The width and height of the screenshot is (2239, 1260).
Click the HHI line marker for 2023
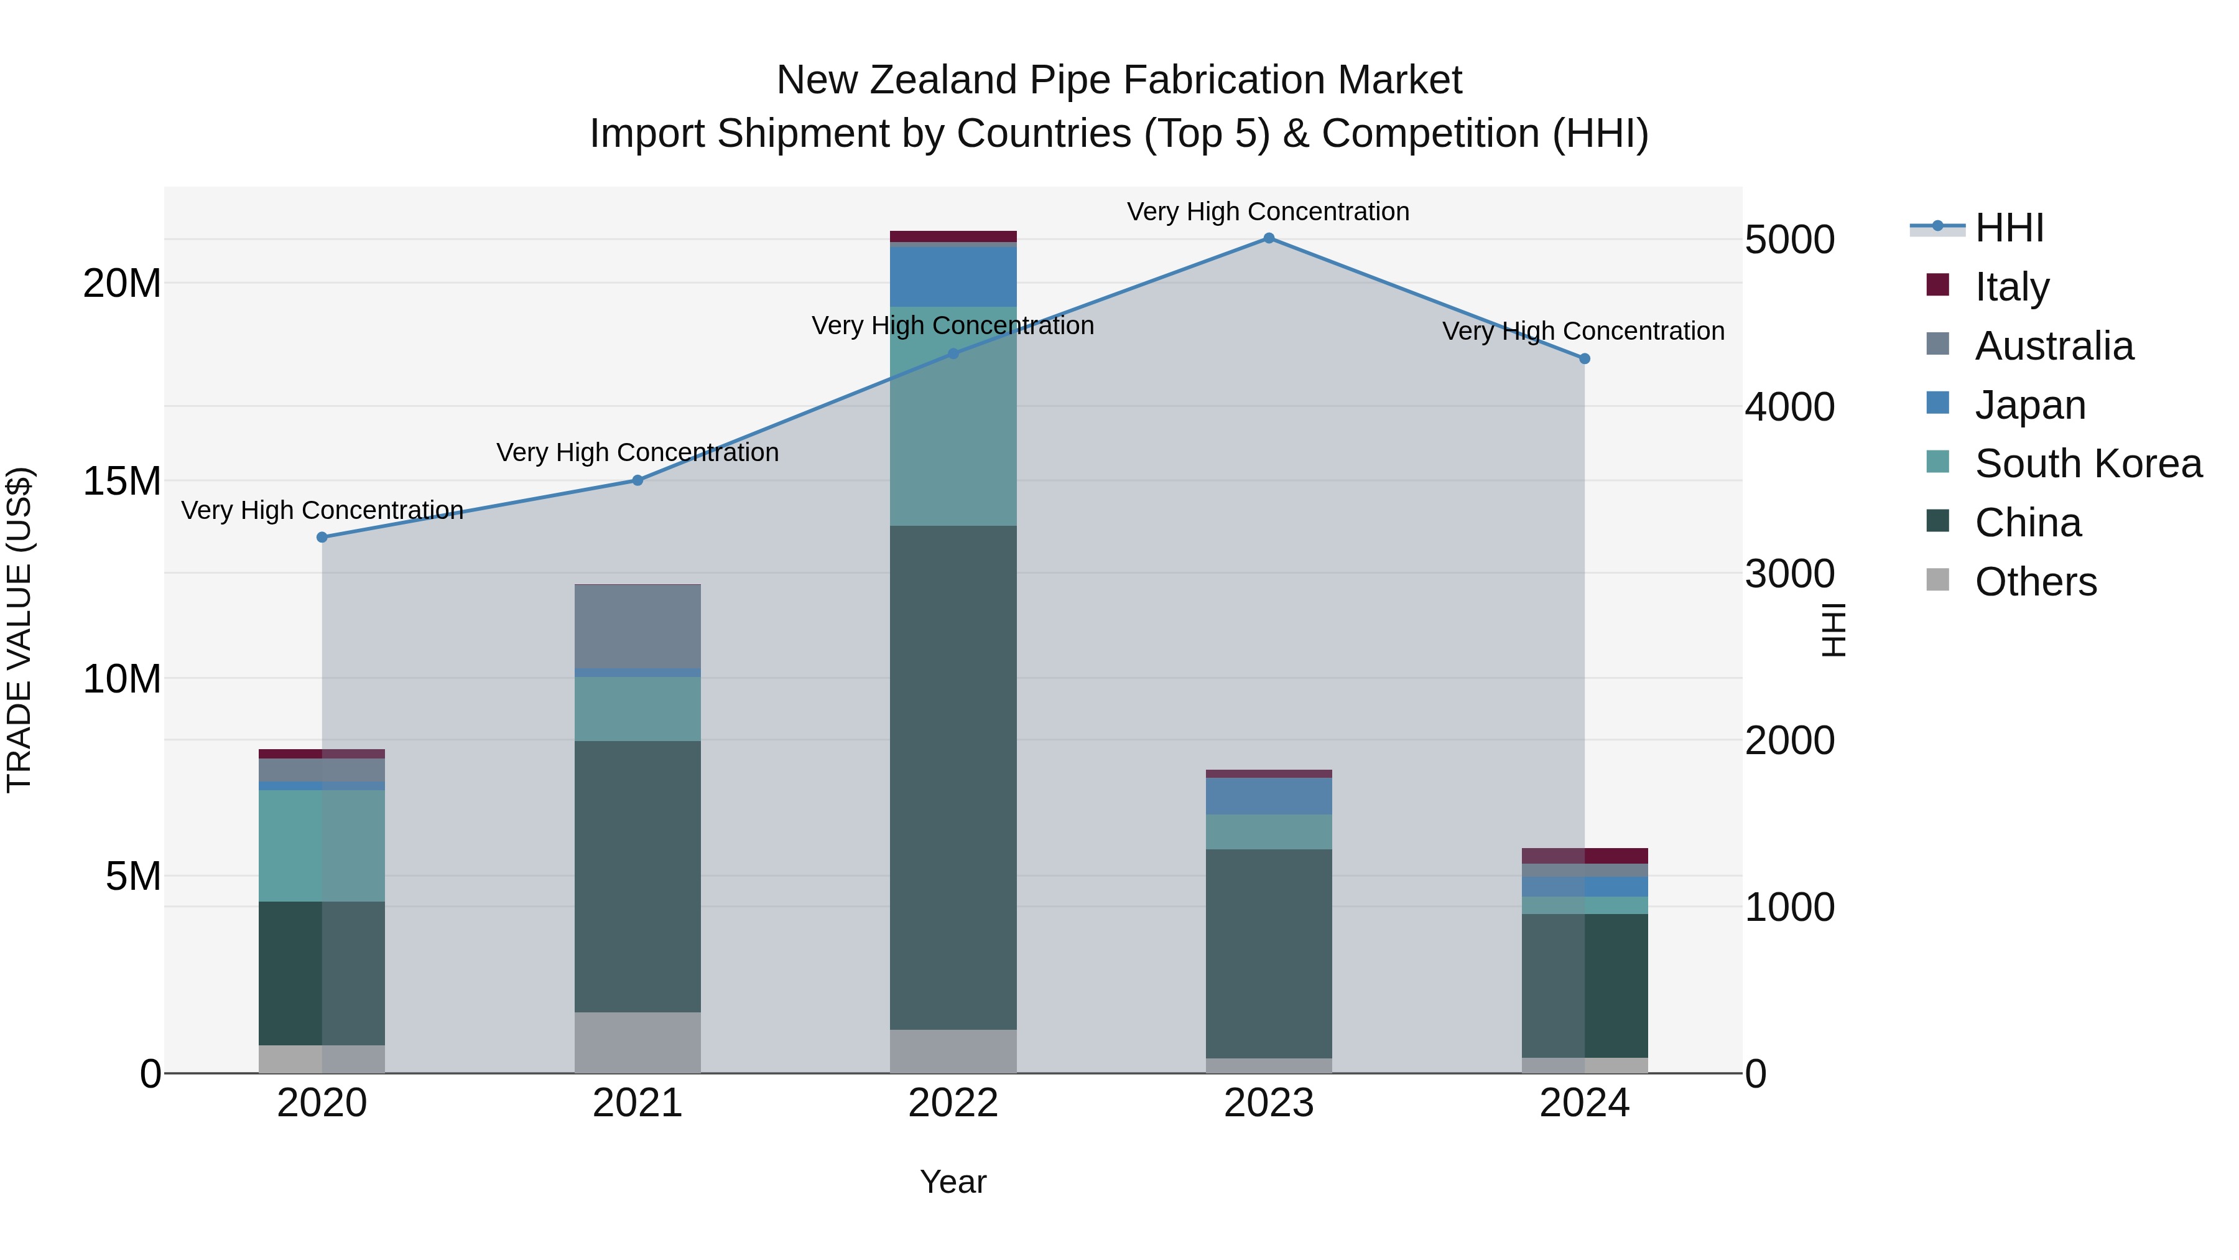tap(1268, 238)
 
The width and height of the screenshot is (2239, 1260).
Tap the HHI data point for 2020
tap(322, 538)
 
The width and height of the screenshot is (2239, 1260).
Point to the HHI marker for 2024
tap(1585, 358)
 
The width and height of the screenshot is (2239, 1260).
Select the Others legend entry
tap(2035, 582)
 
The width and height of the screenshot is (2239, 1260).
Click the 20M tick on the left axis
tap(122, 284)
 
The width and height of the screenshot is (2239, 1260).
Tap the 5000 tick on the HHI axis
tap(1789, 240)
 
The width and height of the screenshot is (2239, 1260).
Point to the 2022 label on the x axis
tap(953, 1103)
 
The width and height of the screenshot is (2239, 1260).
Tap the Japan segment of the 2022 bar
tap(953, 276)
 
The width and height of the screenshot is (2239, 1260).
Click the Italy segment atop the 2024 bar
tap(1585, 856)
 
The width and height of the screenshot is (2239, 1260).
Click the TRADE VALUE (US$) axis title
tap(19, 630)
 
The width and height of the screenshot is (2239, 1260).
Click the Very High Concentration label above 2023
tap(1268, 212)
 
